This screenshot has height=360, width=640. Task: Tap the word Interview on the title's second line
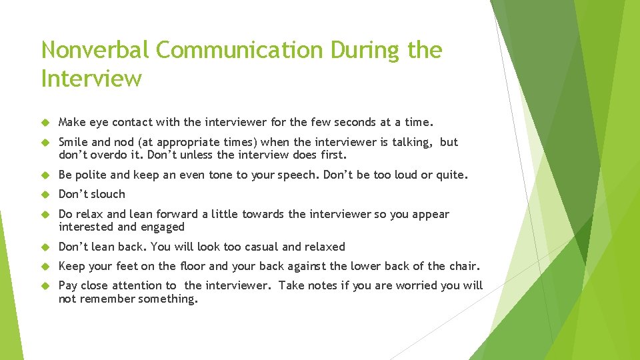coord(91,79)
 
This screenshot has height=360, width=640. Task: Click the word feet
coord(127,266)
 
